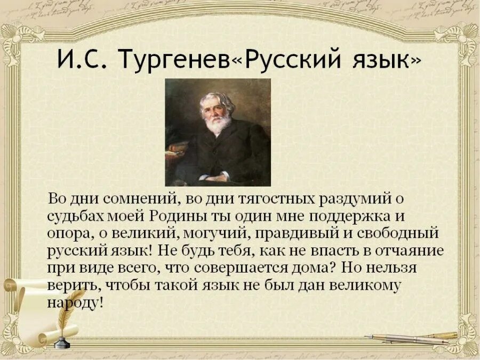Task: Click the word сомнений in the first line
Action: coord(141,199)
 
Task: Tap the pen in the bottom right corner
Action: coord(411,338)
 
